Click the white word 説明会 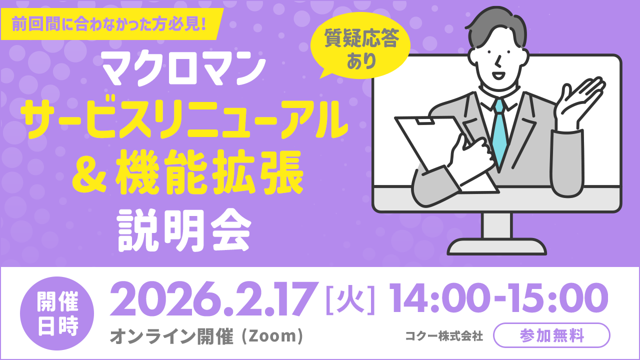pyautogui.click(x=183, y=229)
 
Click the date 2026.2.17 pyautogui.click(x=215, y=300)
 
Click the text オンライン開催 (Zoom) pyautogui.click(x=206, y=336)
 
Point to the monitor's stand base pyautogui.click(x=496, y=246)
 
